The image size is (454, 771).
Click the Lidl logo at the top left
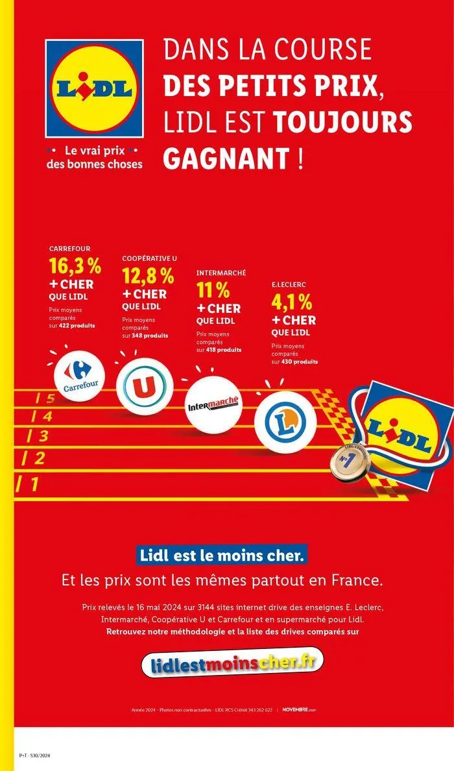pos(94,88)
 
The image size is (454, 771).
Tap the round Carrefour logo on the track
pos(80,376)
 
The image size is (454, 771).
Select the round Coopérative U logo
pos(144,386)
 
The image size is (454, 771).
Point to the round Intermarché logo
pos(213,404)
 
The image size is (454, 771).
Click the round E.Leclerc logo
pos(285,422)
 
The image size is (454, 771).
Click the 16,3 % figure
pos(75,267)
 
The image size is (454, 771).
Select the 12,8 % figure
pos(148,276)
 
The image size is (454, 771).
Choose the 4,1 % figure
pos(291,302)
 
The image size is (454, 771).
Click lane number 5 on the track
pos(45,398)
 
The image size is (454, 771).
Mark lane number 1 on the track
pos(27,483)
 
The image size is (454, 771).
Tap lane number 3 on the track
pos(38,436)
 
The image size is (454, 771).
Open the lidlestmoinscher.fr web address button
pos(232,662)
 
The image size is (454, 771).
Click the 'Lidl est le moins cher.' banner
pos(221,556)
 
